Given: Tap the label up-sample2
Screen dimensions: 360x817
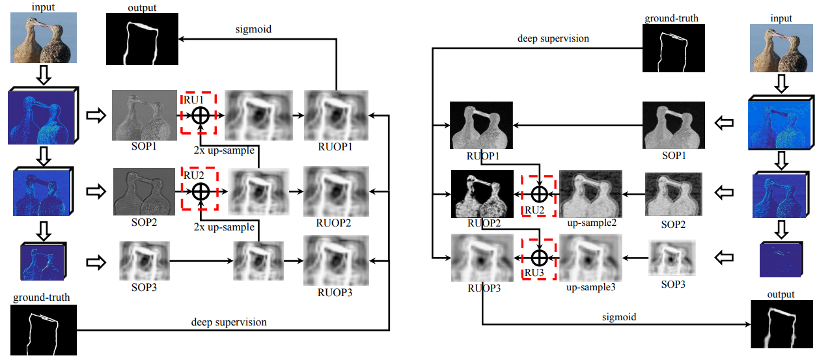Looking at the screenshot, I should point(591,223).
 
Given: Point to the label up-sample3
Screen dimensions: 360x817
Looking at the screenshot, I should point(591,286).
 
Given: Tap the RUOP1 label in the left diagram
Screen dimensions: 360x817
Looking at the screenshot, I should point(335,146).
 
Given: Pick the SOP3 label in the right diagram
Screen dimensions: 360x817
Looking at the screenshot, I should point(673,284).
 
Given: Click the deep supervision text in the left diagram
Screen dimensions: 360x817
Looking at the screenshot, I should point(228,322).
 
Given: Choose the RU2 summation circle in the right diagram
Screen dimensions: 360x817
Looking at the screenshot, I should point(539,194).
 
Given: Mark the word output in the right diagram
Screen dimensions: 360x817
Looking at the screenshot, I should point(781,294).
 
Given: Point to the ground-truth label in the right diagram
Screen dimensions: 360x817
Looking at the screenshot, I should point(671,18).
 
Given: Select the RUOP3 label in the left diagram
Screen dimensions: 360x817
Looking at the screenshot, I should point(335,292).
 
